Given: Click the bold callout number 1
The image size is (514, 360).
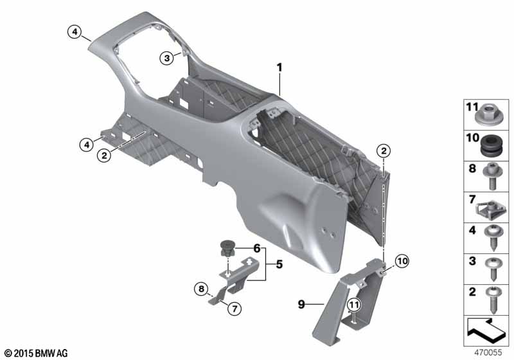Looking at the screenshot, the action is (x=279, y=68).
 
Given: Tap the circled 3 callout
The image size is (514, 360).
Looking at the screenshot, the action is (x=167, y=59).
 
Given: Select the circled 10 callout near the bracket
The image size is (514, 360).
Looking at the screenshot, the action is (x=402, y=261).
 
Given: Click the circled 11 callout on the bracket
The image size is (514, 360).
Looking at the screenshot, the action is (x=354, y=305).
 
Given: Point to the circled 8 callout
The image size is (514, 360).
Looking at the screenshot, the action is (x=201, y=289).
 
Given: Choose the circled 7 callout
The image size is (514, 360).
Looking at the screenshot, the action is (x=235, y=309).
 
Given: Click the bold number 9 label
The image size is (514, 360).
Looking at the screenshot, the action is (x=301, y=305).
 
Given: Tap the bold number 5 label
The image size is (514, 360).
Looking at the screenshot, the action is (x=279, y=264).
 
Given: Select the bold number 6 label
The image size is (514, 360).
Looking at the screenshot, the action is (x=256, y=249).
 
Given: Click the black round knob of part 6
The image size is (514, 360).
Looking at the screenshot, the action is (x=226, y=248).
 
